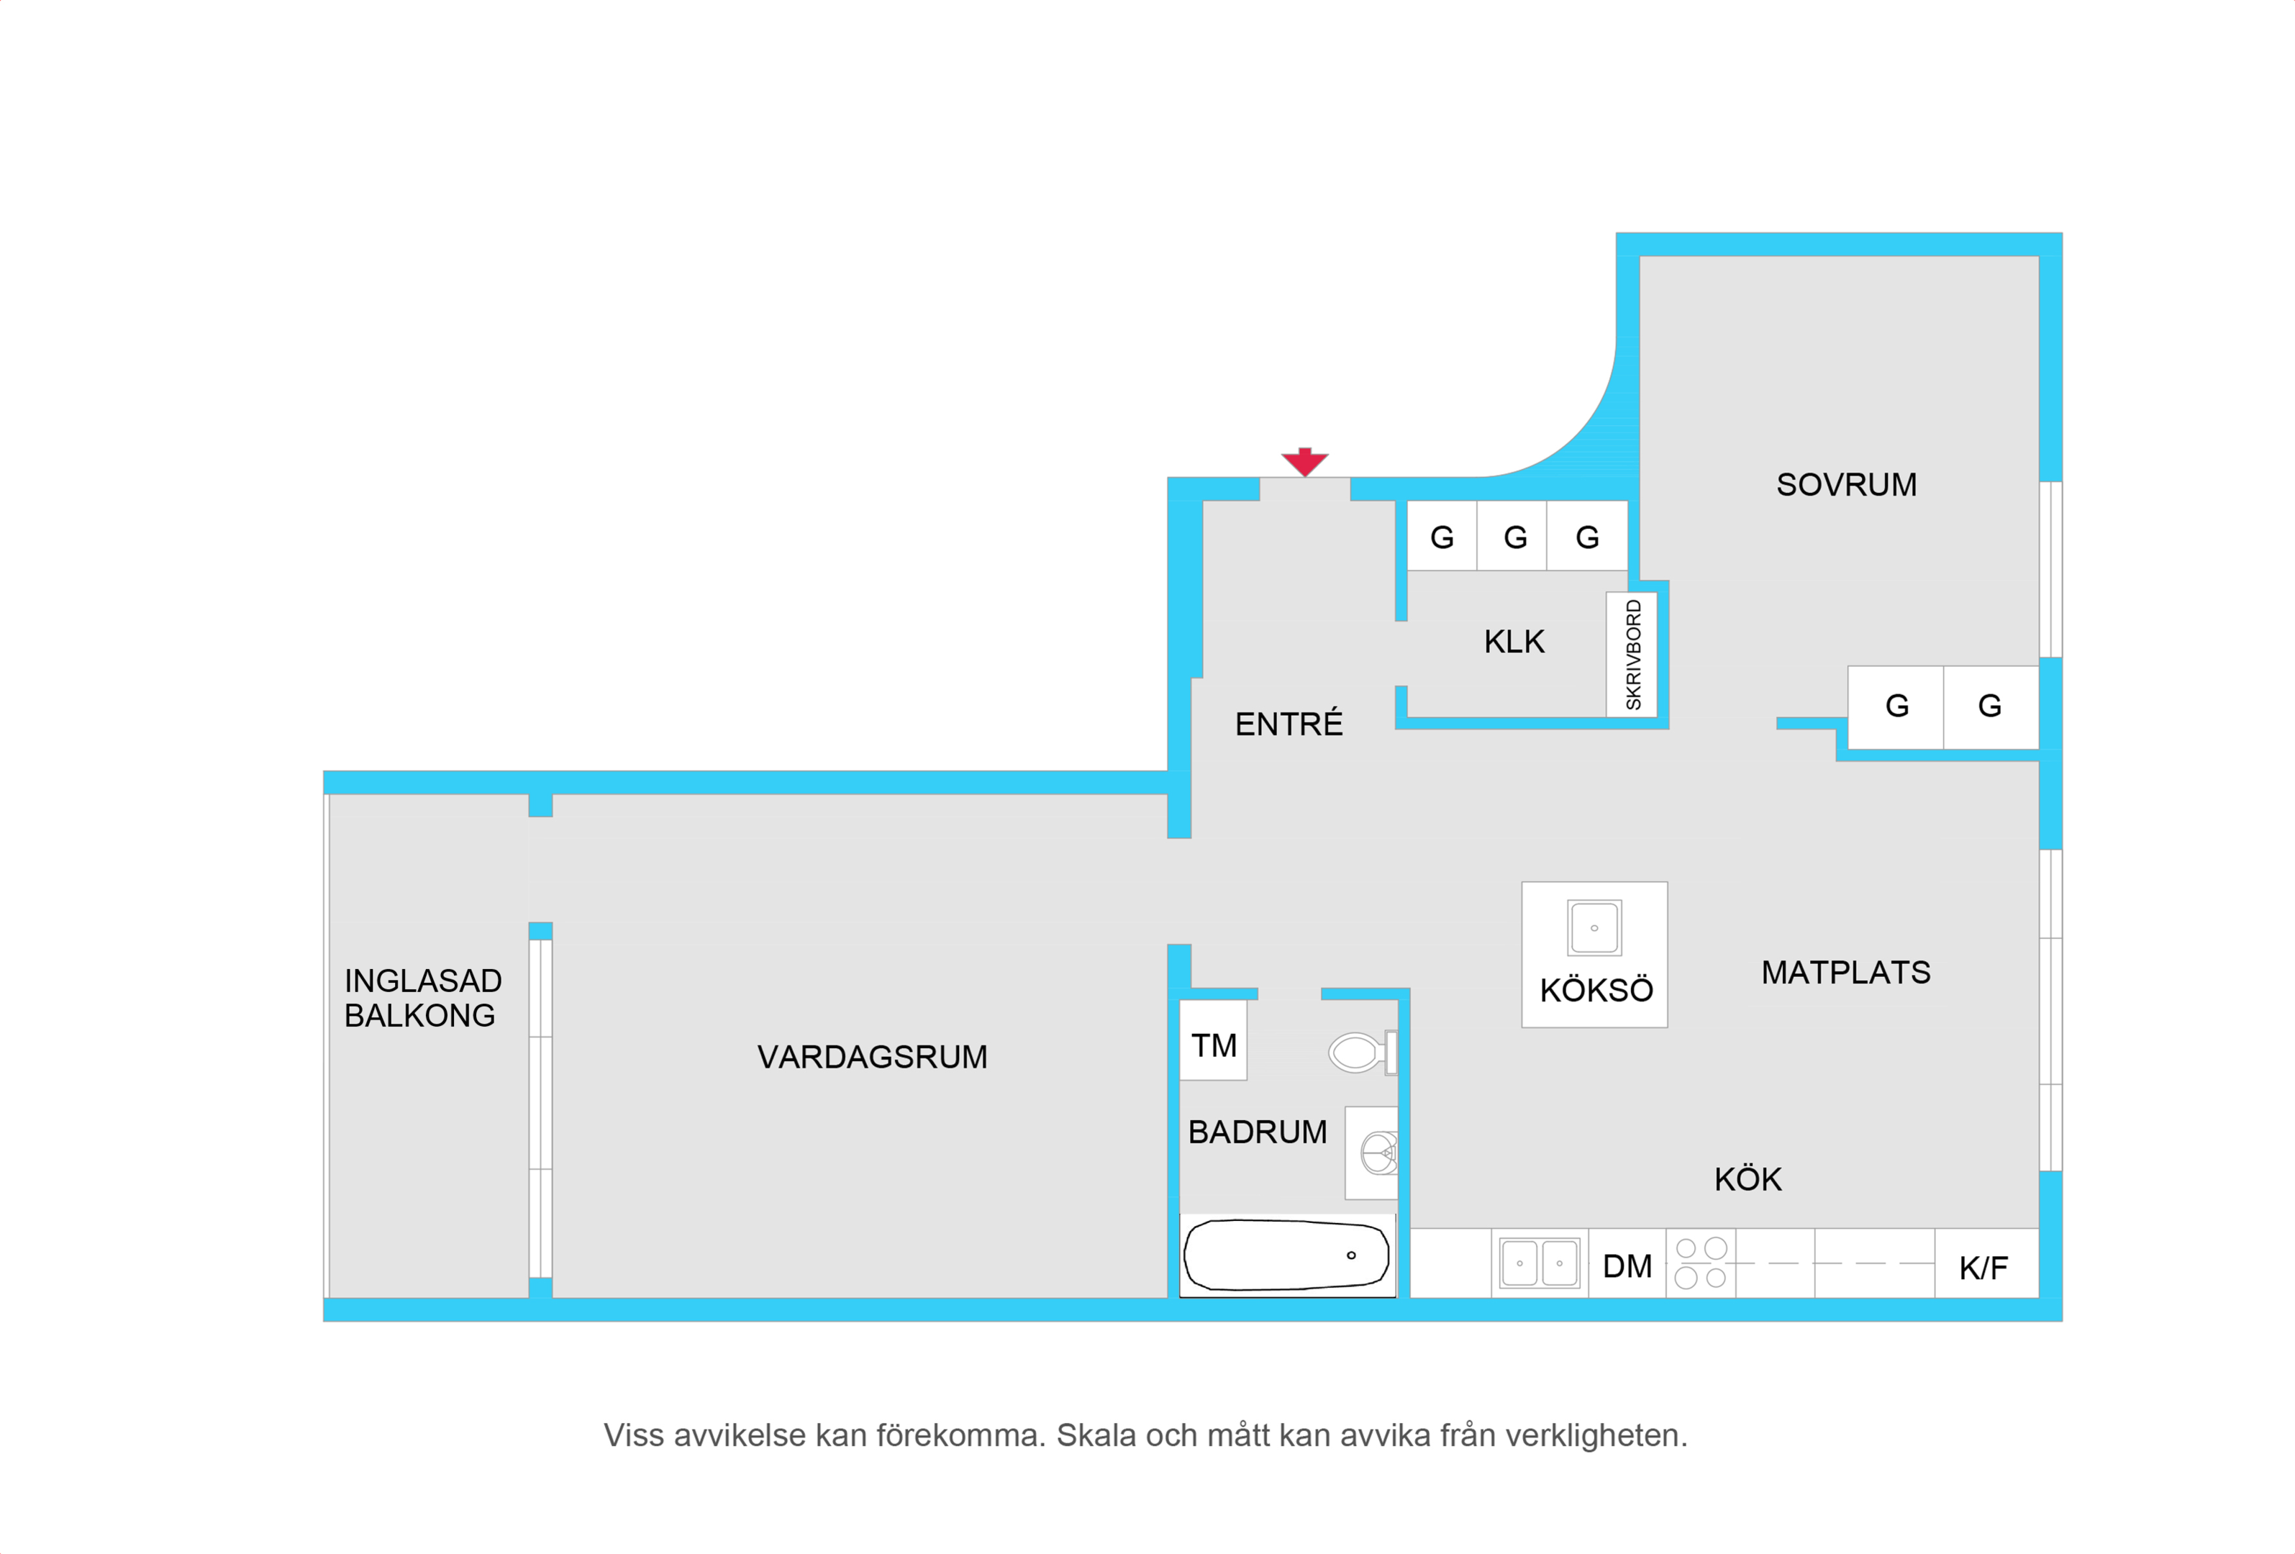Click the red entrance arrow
coord(1304,462)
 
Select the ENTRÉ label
coord(1289,723)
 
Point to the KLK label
coord(1514,642)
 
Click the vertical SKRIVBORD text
coord(1633,655)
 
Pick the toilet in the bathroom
coord(1363,1053)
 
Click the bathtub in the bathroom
coord(1287,1255)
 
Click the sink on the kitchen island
coord(1594,928)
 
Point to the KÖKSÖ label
coord(1596,989)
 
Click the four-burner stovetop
coord(1701,1264)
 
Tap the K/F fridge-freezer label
coord(1983,1268)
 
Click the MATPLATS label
coord(1845,973)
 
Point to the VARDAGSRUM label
coord(872,1058)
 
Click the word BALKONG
coord(419,1016)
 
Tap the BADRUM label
coord(1257,1132)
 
